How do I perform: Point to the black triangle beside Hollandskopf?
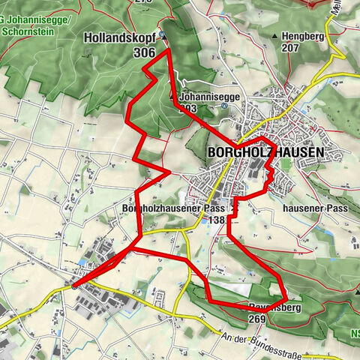tap(163, 34)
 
